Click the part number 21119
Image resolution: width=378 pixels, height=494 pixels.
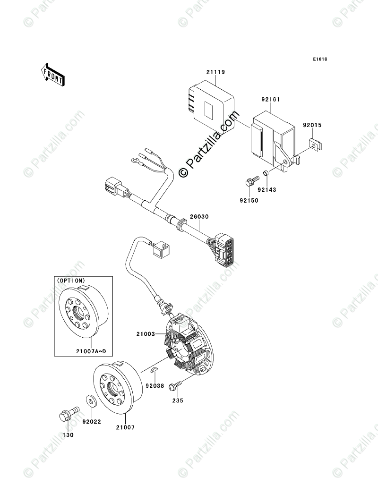(x=215, y=72)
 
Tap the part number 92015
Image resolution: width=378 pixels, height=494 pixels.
(x=312, y=126)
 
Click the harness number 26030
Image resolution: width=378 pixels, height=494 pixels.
(x=199, y=217)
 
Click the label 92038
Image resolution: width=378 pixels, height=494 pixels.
(x=155, y=386)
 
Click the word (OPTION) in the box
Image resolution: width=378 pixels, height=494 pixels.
(x=71, y=281)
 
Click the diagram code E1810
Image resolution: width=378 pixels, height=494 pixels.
(x=319, y=60)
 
